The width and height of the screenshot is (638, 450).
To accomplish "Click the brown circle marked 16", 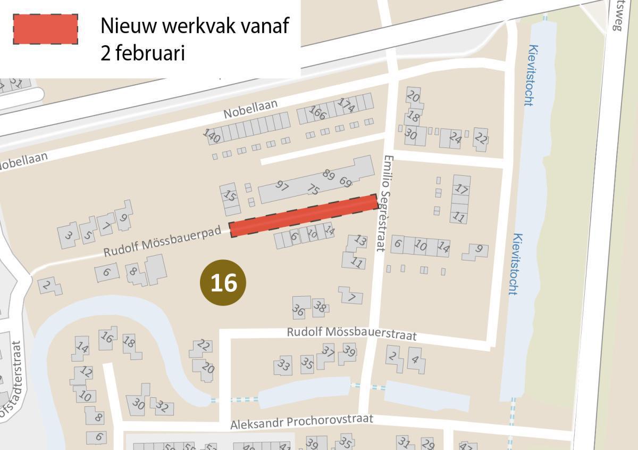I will click(223, 283).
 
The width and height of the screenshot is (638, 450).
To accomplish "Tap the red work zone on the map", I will click(303, 215).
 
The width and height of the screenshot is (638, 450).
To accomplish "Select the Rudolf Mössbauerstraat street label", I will click(351, 333).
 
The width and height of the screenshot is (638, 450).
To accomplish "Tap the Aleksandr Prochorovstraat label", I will click(301, 421).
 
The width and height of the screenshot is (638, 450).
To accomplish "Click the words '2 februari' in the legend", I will click(142, 54).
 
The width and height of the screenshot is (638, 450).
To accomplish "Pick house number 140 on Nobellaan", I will click(212, 135).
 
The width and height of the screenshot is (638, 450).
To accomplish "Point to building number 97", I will click(282, 186).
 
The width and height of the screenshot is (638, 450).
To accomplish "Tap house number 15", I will click(229, 195).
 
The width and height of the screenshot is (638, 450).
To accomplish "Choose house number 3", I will click(68, 235).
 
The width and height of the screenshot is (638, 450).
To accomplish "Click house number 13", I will click(360, 241).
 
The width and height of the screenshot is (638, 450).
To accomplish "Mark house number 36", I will click(299, 309).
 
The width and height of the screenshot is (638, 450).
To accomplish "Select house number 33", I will click(284, 365).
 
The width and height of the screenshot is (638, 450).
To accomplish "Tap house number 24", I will click(455, 138).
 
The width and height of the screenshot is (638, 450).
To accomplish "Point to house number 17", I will click(461, 189).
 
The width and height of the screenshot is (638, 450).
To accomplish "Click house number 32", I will click(162, 408).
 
